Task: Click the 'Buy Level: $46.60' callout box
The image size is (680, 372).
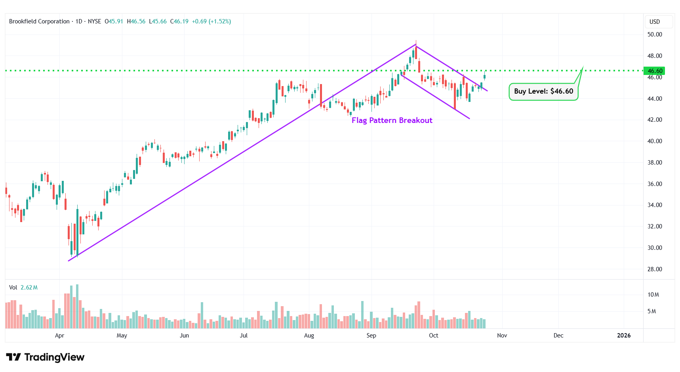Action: pyautogui.click(x=543, y=91)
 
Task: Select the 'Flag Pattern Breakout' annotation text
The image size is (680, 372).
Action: pyautogui.click(x=392, y=120)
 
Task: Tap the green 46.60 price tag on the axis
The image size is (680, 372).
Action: pyautogui.click(x=654, y=71)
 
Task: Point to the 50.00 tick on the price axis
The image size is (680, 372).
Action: pyautogui.click(x=654, y=35)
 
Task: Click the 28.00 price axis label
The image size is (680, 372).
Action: pyautogui.click(x=654, y=269)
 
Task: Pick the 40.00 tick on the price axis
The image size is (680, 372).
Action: pyautogui.click(x=654, y=141)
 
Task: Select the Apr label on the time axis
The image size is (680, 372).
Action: pyautogui.click(x=59, y=336)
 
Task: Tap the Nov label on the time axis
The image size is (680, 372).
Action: pyautogui.click(x=502, y=336)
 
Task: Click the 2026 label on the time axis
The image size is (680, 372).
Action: pyautogui.click(x=623, y=336)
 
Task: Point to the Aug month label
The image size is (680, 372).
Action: pyautogui.click(x=309, y=336)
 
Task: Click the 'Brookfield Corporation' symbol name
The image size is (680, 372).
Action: pyautogui.click(x=39, y=21)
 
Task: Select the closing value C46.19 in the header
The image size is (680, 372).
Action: pyautogui.click(x=179, y=21)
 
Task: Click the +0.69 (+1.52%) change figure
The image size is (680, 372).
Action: pyautogui.click(x=211, y=21)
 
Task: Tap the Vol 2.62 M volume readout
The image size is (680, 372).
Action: pyautogui.click(x=23, y=288)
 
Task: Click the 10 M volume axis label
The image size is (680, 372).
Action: pyautogui.click(x=653, y=295)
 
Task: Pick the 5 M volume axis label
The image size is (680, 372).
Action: pyautogui.click(x=651, y=311)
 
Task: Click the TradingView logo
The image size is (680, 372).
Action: pyautogui.click(x=45, y=357)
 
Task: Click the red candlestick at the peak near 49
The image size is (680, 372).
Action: pyautogui.click(x=416, y=52)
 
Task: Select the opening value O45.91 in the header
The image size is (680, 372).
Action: pyautogui.click(x=114, y=21)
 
